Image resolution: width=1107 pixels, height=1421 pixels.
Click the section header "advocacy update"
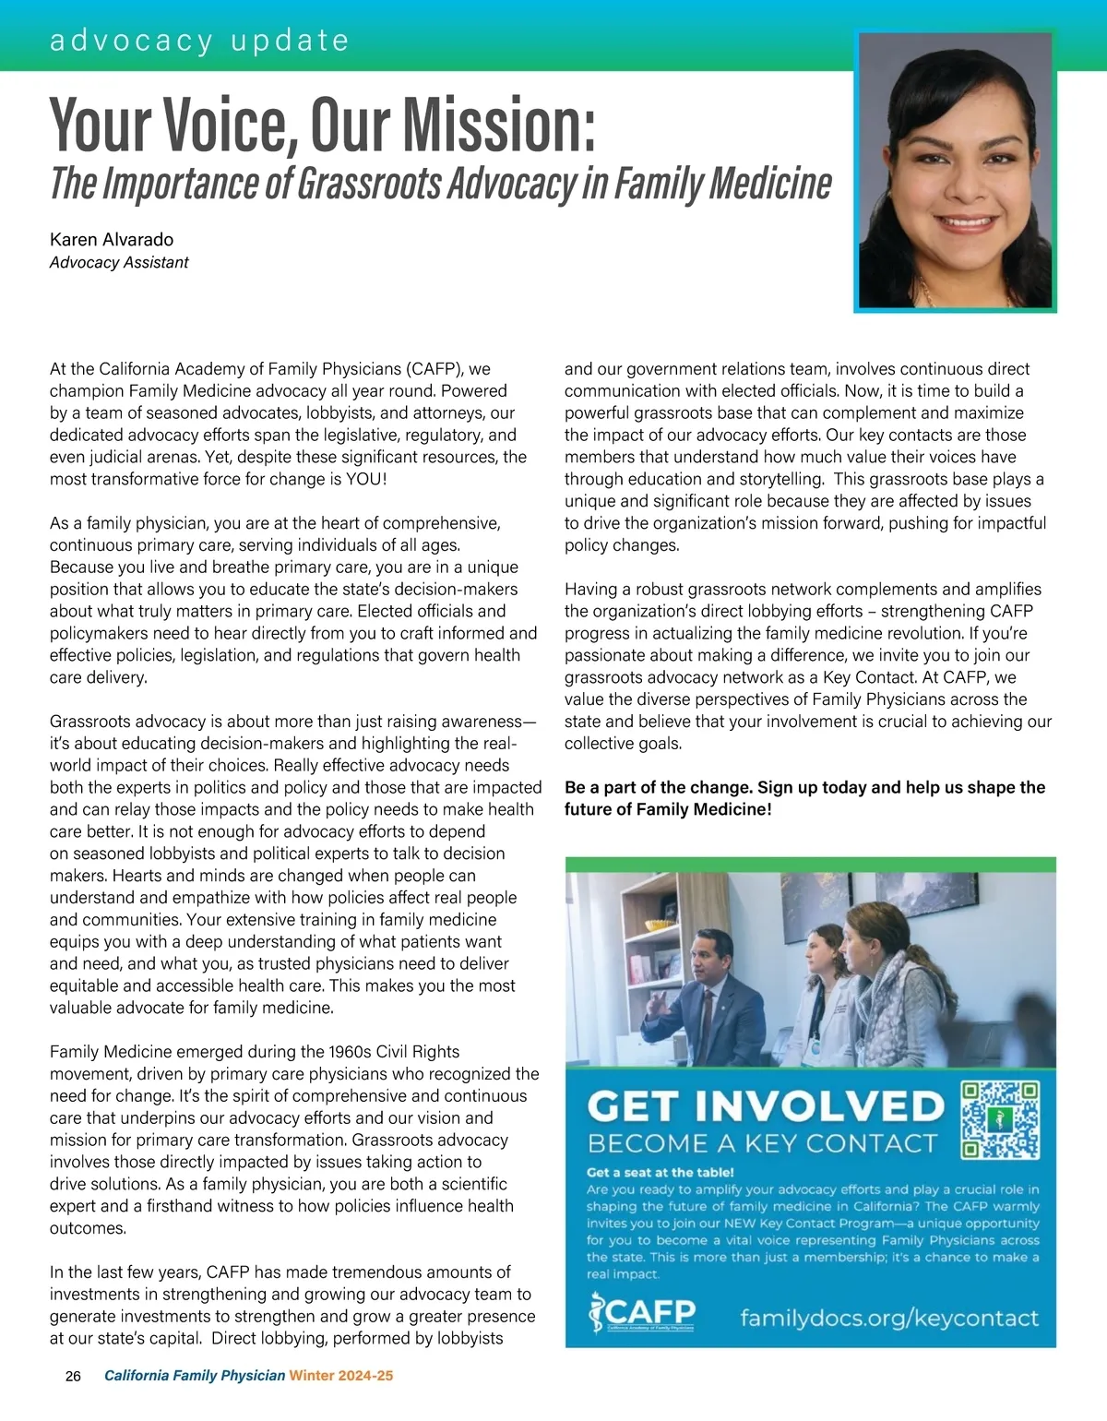(x=199, y=41)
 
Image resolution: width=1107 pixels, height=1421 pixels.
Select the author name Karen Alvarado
(x=112, y=240)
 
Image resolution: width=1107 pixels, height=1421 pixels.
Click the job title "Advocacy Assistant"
(x=119, y=263)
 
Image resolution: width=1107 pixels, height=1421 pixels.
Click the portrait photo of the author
(x=955, y=172)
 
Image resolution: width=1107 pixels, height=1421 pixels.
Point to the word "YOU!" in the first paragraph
(x=366, y=479)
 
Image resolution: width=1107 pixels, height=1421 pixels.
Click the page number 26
(x=73, y=1376)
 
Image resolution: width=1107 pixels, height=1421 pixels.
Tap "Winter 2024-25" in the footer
(x=341, y=1376)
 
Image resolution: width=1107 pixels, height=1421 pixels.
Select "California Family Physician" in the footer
(x=195, y=1376)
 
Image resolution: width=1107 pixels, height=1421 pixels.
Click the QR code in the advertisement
(x=1000, y=1120)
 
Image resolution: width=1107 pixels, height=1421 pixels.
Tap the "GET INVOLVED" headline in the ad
(x=766, y=1106)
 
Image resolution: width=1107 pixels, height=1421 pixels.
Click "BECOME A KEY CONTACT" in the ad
(x=762, y=1144)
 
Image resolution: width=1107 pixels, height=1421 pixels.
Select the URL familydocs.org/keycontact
(x=889, y=1318)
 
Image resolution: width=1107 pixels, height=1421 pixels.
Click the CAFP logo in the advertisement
(x=642, y=1314)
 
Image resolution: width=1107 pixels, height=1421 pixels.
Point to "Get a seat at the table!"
(x=661, y=1173)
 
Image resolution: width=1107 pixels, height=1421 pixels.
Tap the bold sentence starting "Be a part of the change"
(x=804, y=798)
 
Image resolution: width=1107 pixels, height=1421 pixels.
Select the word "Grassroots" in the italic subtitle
(x=370, y=183)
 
